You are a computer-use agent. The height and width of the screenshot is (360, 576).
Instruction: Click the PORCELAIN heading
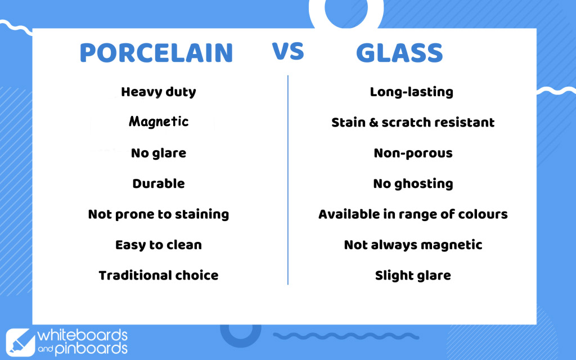click(156, 53)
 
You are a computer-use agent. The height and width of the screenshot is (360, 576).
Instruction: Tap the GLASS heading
click(399, 53)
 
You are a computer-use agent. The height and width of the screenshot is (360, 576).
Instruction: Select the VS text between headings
click(288, 51)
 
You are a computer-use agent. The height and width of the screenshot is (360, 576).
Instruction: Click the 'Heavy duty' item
click(158, 92)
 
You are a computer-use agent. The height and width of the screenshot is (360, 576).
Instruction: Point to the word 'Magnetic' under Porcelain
click(158, 121)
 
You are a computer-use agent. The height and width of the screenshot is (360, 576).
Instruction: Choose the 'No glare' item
click(158, 153)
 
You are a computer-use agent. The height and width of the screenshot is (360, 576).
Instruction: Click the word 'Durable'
click(158, 183)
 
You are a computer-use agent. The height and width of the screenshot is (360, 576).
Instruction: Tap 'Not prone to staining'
click(158, 214)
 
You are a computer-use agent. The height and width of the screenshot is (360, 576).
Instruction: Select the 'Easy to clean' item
click(158, 245)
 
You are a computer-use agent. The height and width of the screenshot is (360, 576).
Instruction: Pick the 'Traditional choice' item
click(158, 275)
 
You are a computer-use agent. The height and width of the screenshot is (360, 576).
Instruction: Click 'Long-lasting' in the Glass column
click(411, 92)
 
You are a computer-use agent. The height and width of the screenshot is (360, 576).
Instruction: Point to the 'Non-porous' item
click(413, 153)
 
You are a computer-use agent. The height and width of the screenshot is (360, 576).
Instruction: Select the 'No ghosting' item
click(413, 184)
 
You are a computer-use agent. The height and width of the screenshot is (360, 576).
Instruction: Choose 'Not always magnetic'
click(413, 245)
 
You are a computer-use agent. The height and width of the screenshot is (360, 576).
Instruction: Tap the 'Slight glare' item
click(413, 276)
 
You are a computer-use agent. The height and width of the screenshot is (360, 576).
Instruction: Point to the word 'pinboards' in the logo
click(91, 348)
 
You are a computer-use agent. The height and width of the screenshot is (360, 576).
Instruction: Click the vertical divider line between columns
click(288, 180)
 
